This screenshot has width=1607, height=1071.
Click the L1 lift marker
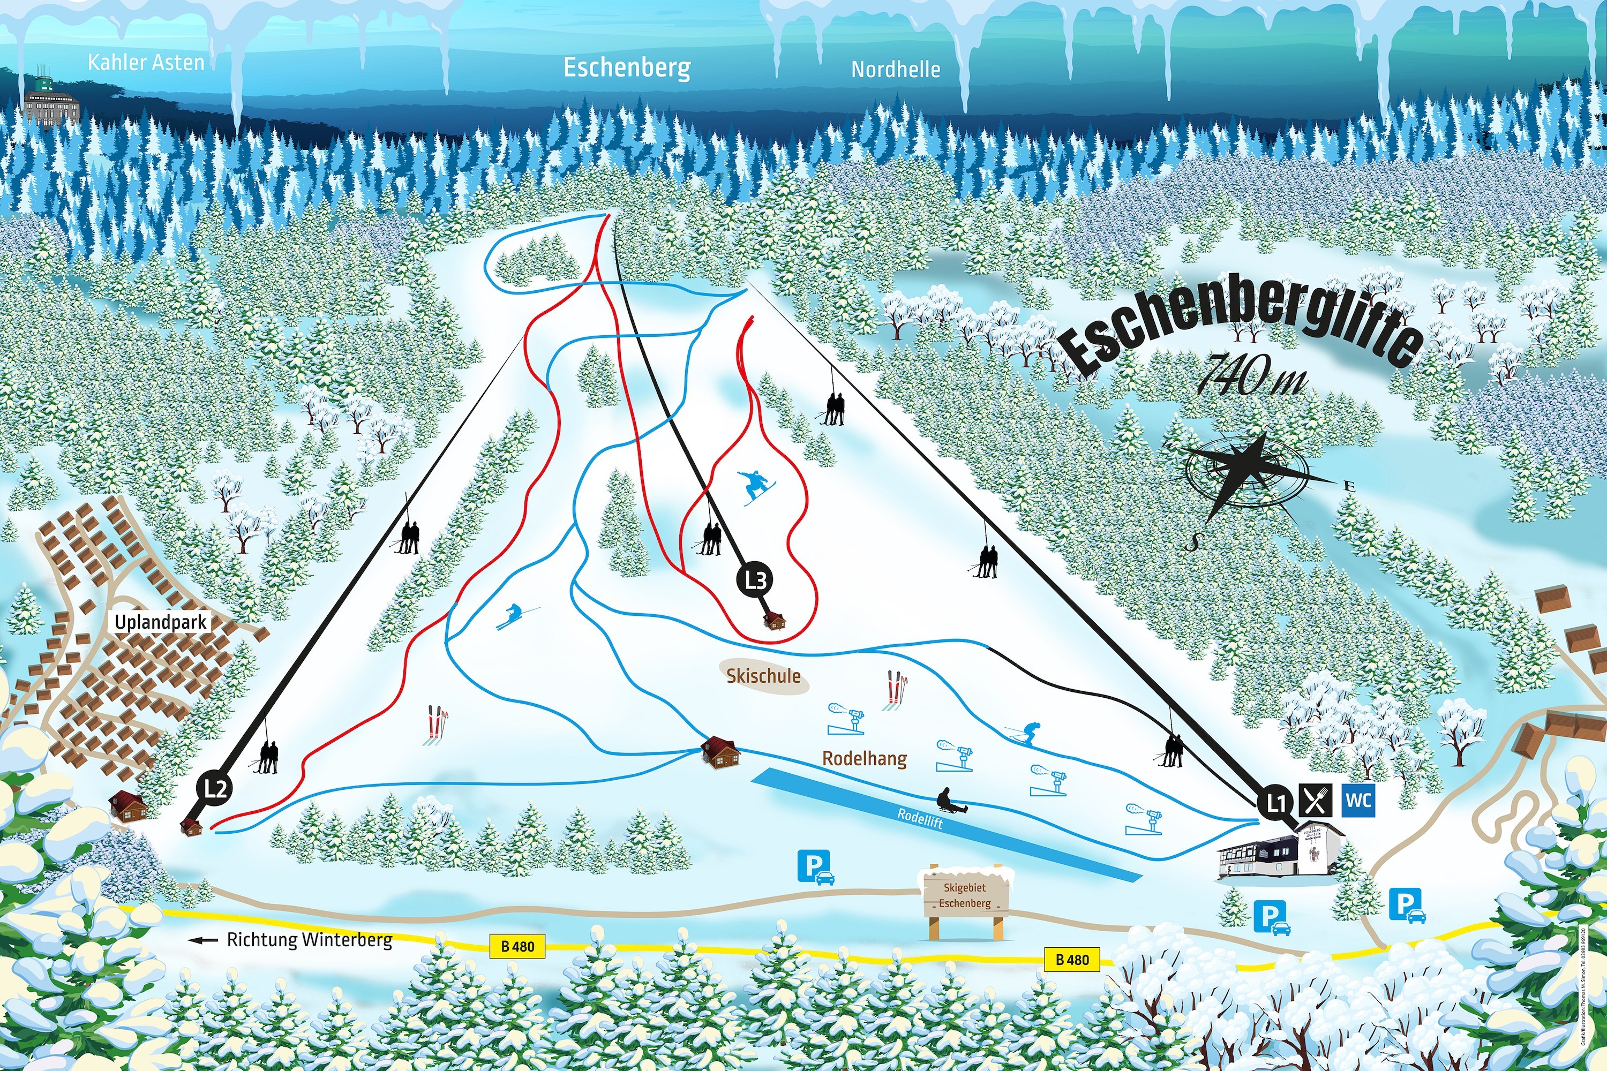[1275, 802]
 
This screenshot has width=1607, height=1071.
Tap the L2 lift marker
[215, 788]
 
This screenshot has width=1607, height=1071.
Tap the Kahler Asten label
[146, 63]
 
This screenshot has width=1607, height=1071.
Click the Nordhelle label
[895, 69]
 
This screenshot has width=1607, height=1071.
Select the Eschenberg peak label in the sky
[627, 67]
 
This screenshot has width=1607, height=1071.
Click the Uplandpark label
[161, 622]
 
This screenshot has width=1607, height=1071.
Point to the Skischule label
[763, 676]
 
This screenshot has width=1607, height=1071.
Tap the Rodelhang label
[865, 758]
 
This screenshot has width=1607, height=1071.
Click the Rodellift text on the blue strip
[920, 818]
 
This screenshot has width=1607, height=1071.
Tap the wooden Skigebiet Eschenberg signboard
[965, 895]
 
